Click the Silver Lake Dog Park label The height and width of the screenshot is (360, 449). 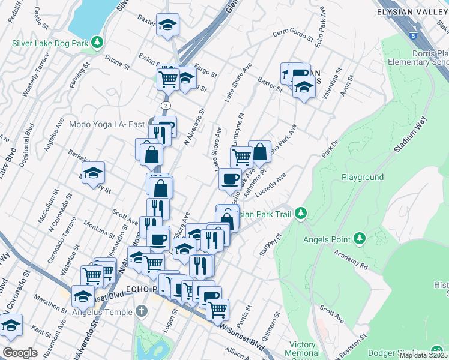(x=50, y=43)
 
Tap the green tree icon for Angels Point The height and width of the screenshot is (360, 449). (x=360, y=239)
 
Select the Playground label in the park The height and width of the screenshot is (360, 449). (x=363, y=178)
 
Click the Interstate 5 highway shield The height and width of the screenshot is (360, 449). (x=414, y=36)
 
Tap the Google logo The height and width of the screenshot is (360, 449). (x=20, y=352)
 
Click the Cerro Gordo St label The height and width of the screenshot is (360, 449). (x=293, y=36)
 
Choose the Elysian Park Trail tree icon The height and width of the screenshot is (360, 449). (x=303, y=214)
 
